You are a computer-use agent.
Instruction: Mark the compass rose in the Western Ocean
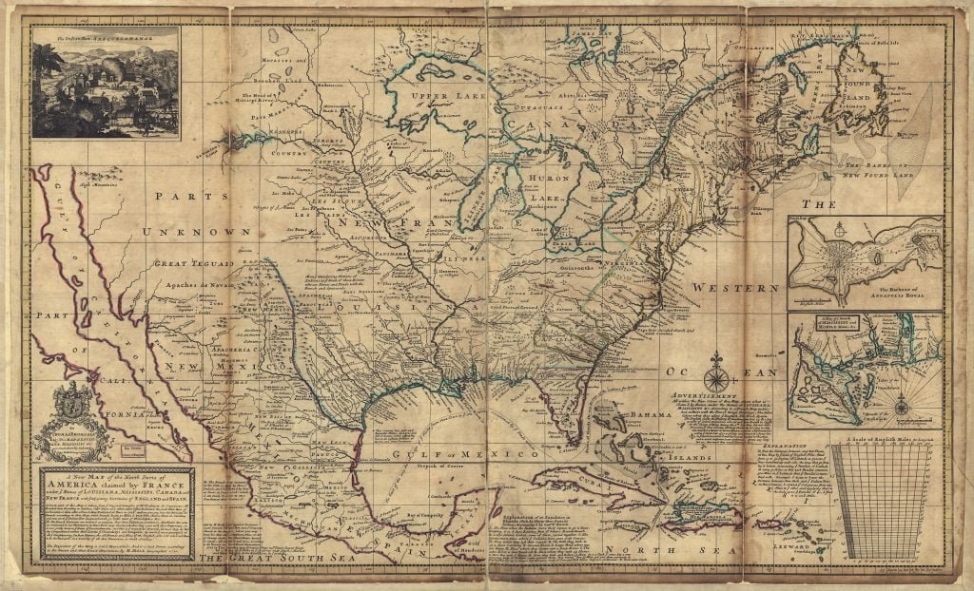[x=719, y=367]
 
